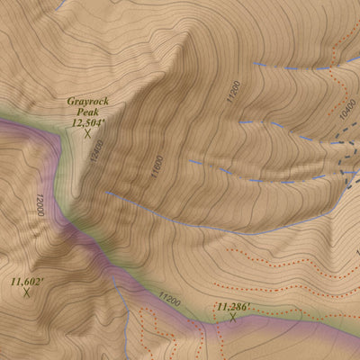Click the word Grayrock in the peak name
[x=87, y=103]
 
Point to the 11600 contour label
[x=158, y=167]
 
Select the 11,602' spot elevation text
[x=28, y=282]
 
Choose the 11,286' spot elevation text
[x=232, y=307]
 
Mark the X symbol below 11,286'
[x=232, y=318]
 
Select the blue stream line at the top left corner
[x=59, y=5]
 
